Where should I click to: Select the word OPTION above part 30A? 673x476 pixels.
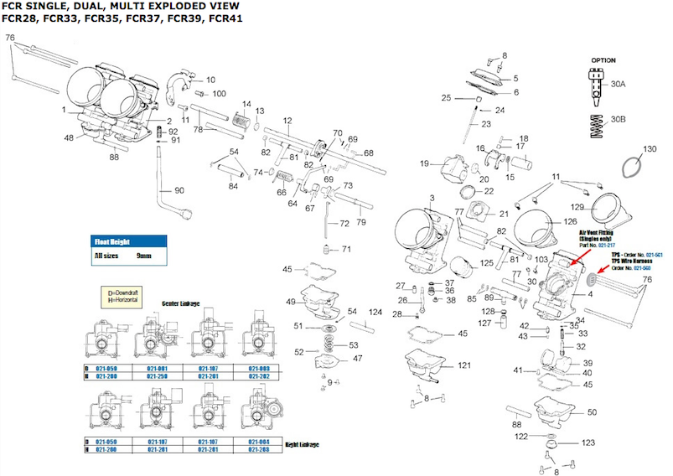coord(603,61)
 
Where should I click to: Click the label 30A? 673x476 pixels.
coord(618,85)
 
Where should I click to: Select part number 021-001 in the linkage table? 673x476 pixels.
coord(158,368)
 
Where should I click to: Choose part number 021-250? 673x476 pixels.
coord(158,376)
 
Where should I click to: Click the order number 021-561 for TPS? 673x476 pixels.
coord(652,254)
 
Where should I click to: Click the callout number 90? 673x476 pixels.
coord(179,191)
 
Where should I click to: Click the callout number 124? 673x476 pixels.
coord(375,313)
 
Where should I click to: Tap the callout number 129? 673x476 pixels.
coord(577,206)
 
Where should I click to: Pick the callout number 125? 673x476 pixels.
coord(487,264)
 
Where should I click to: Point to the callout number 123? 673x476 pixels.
coord(588,442)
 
